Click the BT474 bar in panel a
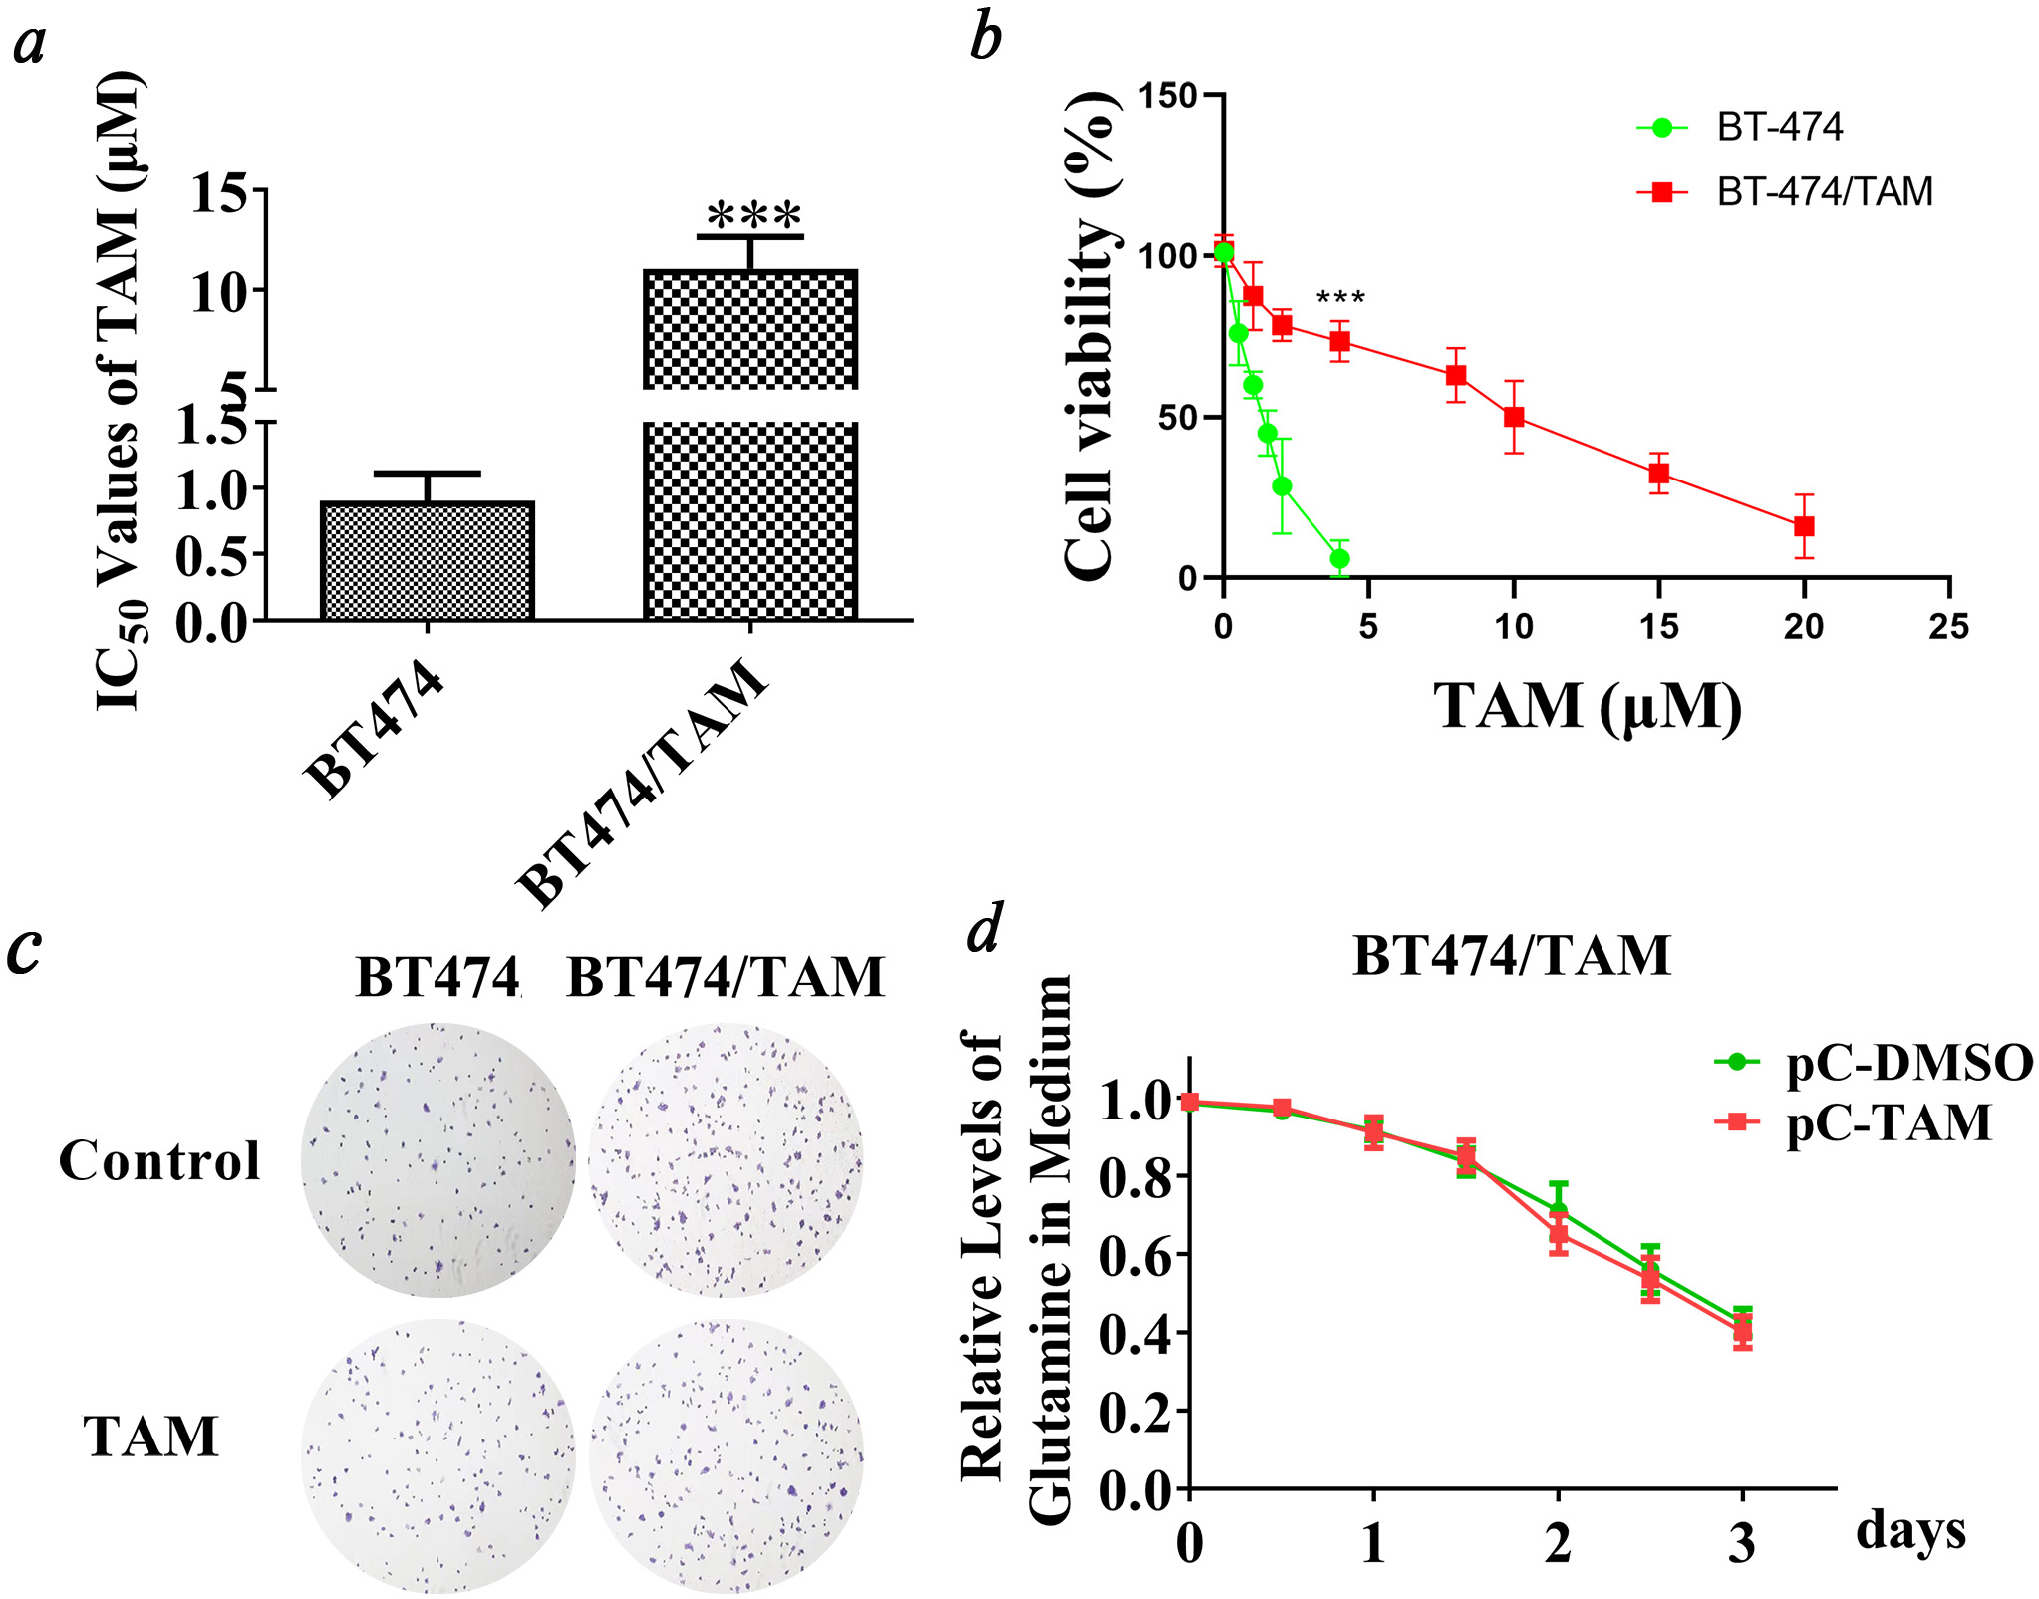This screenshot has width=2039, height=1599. tap(428, 561)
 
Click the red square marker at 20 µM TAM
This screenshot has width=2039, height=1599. tap(1804, 526)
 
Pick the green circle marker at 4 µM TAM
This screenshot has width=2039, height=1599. tap(1339, 559)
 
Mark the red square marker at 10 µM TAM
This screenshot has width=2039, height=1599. tap(1514, 417)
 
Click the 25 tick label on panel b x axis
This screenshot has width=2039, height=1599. tap(1948, 627)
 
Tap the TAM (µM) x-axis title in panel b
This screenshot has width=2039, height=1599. tap(1587, 707)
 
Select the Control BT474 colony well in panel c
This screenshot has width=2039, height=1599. tap(438, 1159)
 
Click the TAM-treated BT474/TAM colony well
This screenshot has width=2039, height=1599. tap(726, 1456)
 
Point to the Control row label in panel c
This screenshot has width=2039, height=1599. tap(159, 1160)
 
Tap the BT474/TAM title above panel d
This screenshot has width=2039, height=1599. tap(1511, 955)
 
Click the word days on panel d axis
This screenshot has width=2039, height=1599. tap(1909, 1530)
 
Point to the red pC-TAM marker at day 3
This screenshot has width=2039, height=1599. tap(1742, 1330)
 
